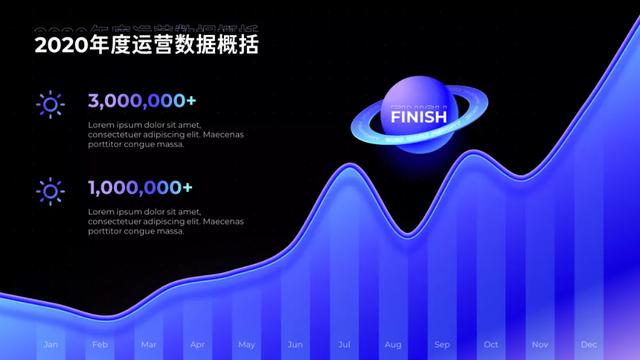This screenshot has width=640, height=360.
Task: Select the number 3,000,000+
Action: (x=141, y=100)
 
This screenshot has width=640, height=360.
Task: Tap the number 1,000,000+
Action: (x=140, y=187)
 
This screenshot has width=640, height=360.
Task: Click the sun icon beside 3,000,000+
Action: (x=49, y=104)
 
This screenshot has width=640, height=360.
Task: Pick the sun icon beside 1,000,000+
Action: (x=49, y=190)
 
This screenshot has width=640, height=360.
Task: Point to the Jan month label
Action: (x=50, y=345)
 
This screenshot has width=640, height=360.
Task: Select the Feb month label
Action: (x=99, y=345)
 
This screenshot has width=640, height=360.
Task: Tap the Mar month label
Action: (x=148, y=345)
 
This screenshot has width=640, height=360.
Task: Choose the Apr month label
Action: (x=197, y=345)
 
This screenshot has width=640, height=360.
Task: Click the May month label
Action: (x=246, y=345)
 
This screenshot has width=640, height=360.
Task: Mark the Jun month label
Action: (x=295, y=345)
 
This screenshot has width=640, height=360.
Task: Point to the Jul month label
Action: (x=344, y=345)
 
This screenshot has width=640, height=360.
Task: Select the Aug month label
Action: (x=393, y=345)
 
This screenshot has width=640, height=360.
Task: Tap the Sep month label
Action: (x=442, y=345)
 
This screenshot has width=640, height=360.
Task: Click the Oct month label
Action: (x=491, y=345)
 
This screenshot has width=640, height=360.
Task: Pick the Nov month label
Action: (x=540, y=345)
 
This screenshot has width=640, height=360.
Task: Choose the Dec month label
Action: (x=589, y=345)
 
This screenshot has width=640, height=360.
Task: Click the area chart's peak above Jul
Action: (x=345, y=165)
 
